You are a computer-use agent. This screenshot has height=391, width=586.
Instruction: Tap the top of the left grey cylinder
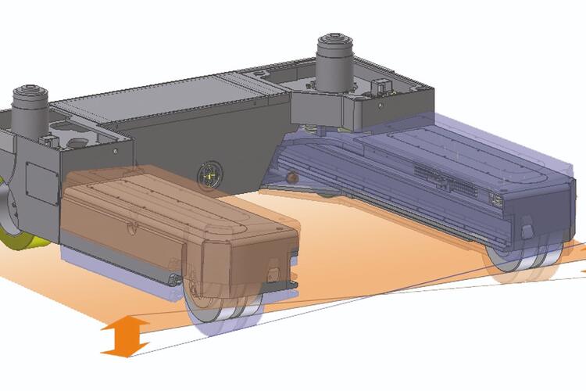(x=30, y=93)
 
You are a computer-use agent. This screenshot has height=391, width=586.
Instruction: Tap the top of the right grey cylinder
(x=334, y=41)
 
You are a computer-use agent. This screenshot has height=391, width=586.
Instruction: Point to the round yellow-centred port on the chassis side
(x=209, y=175)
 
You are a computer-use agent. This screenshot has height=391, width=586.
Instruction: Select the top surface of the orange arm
(x=172, y=199)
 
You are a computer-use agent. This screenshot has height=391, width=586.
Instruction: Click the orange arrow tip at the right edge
(x=581, y=271)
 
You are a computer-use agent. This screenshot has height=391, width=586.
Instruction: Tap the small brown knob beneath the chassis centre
(x=291, y=178)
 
